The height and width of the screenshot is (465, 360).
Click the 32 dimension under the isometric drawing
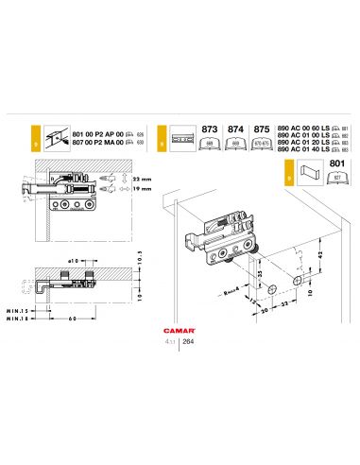click(x=283, y=307)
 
